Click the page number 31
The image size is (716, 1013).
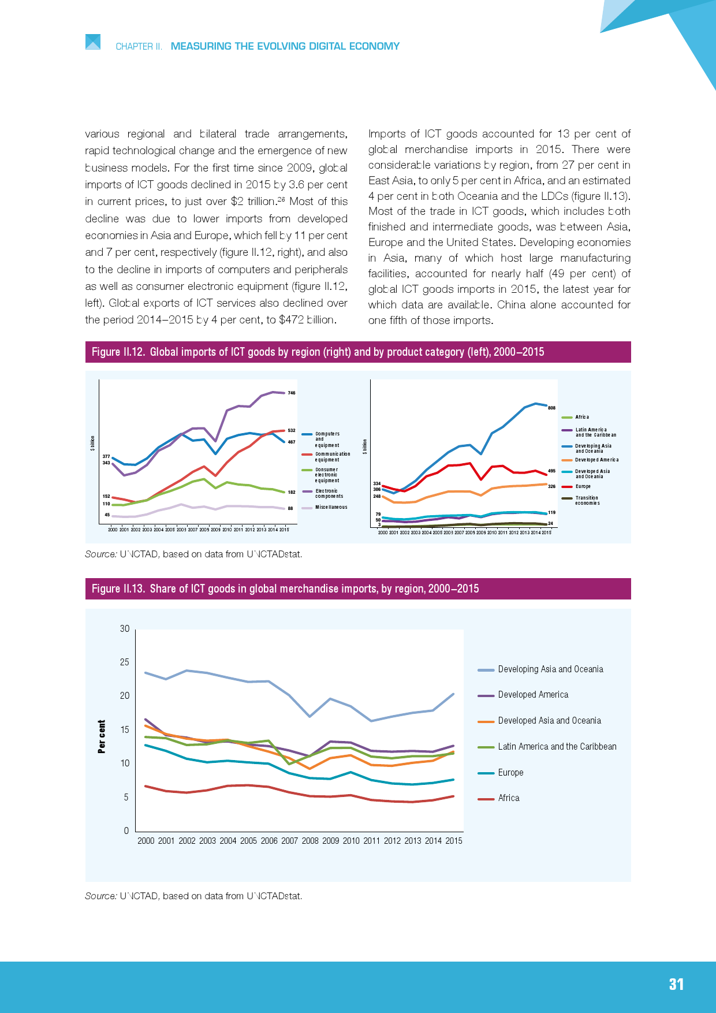tap(676, 985)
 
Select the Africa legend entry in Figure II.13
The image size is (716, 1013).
tap(508, 798)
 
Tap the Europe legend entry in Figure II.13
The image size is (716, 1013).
tap(510, 773)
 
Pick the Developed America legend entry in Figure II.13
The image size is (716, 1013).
tap(532, 695)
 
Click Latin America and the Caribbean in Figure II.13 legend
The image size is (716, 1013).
tap(557, 747)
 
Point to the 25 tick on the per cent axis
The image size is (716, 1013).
tap(125, 662)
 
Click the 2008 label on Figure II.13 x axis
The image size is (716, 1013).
tap(310, 841)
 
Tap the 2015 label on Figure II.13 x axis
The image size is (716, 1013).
tap(454, 841)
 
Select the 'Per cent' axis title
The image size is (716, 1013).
tap(102, 736)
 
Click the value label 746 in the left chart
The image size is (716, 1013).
tap(292, 393)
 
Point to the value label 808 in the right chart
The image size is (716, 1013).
tap(551, 408)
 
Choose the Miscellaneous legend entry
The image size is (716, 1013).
tap(331, 507)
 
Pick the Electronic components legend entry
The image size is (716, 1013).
tap(329, 494)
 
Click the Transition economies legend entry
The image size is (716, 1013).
tap(587, 500)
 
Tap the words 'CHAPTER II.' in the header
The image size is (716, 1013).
tap(139, 47)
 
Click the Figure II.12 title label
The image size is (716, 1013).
tap(318, 352)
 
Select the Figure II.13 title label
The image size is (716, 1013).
tap(285, 589)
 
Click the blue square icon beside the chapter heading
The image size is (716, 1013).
tap(93, 42)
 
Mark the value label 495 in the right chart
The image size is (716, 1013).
tap(551, 471)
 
